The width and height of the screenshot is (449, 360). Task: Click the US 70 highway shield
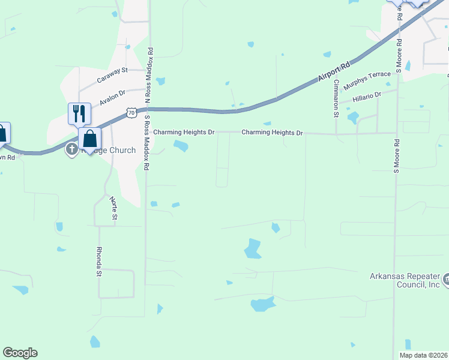point(131,112)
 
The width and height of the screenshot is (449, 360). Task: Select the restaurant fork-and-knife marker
point(79,113)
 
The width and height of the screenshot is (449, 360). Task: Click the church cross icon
point(71,149)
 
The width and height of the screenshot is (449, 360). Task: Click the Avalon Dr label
point(113,98)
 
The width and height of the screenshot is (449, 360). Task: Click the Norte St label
point(113,208)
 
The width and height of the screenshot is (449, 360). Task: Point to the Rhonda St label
point(100,261)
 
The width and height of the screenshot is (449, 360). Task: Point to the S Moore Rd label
point(397,156)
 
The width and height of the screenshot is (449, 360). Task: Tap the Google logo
point(20,353)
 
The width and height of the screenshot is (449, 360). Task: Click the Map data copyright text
point(423,355)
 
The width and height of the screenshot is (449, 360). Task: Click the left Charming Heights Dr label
point(184,132)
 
